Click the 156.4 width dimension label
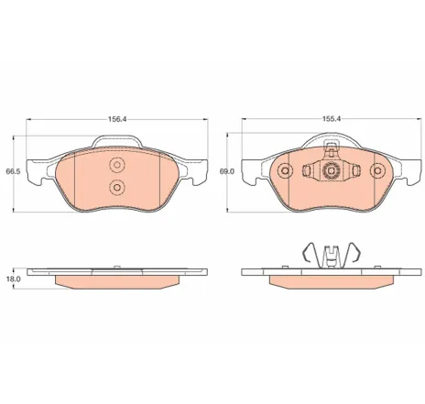point(117,119)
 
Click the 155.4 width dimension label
point(332,119)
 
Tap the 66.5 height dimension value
point(13,171)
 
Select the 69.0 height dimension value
point(227,171)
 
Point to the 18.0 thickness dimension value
point(13,278)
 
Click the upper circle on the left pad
point(117,165)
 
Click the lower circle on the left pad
point(117,187)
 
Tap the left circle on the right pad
point(285,170)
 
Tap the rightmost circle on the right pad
point(377,170)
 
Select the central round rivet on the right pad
point(331,170)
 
